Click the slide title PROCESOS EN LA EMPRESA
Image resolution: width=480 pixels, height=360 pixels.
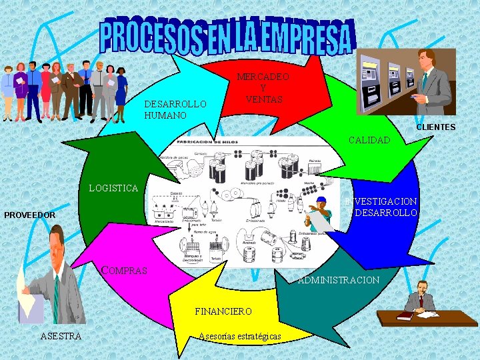pos(227,37)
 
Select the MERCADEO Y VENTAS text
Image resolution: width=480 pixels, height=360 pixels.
pos(263,88)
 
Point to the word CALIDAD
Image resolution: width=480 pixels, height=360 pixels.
pos(369,140)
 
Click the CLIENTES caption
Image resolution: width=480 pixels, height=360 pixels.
pos(435,127)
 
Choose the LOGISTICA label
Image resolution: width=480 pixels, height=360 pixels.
pos(113,188)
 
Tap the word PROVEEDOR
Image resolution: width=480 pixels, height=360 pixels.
pos(29,215)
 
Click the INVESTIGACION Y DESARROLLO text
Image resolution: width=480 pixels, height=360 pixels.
pos(382,207)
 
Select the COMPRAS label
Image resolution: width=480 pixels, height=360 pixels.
pos(124,271)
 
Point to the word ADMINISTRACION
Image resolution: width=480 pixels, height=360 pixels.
pos(339,280)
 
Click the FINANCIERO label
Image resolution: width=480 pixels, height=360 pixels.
pos(223,311)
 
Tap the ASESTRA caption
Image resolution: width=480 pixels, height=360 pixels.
pos(61,335)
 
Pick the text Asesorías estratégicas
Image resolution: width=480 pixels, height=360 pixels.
pos(240,335)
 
